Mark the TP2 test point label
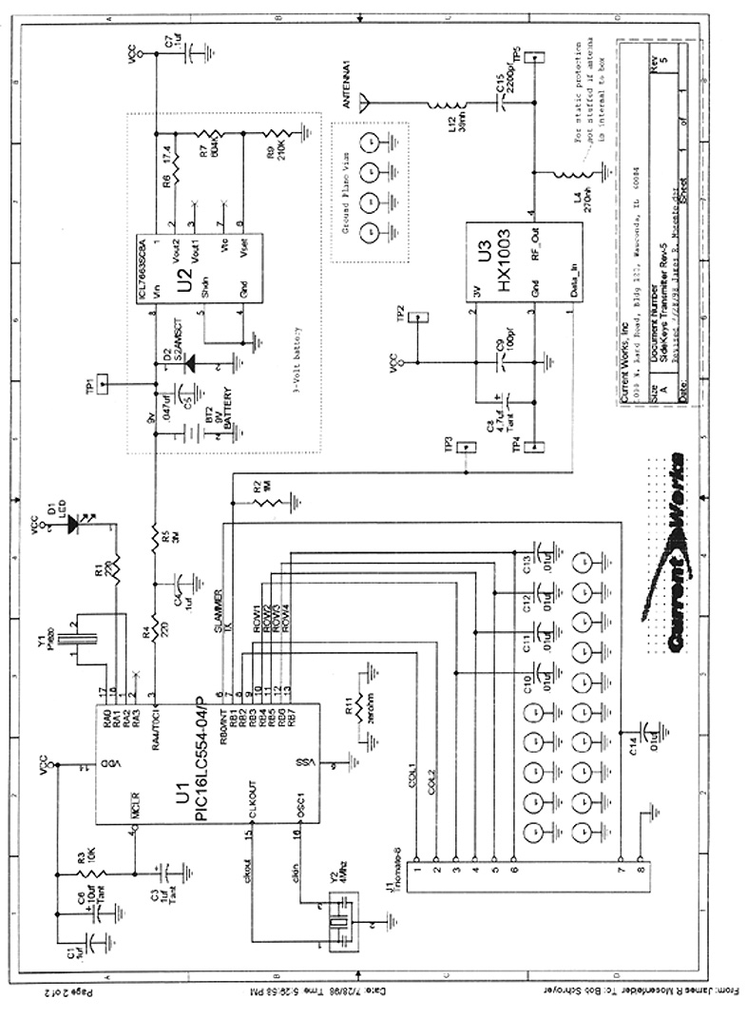401,313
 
